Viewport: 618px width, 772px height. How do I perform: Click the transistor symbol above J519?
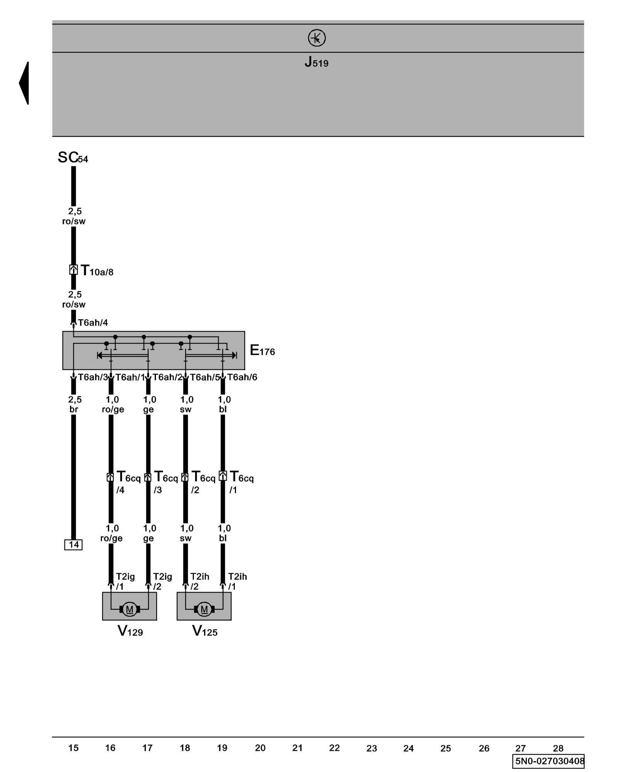pyautogui.click(x=316, y=38)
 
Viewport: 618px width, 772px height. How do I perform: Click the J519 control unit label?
pyautogui.click(x=316, y=62)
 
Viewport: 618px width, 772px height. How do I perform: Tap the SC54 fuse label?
pyautogui.click(x=73, y=157)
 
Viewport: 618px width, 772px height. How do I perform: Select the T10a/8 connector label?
pyautogui.click(x=97, y=271)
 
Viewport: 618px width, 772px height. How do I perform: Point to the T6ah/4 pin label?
pyautogui.click(x=93, y=323)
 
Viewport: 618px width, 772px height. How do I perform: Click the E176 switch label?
pyautogui.click(x=262, y=350)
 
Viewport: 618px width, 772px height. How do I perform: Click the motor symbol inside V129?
pyautogui.click(x=129, y=609)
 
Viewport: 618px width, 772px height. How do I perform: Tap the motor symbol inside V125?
pyautogui.click(x=204, y=609)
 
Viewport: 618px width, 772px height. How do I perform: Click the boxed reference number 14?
pyautogui.click(x=73, y=545)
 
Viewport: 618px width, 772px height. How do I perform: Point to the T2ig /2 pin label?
pyautogui.click(x=162, y=581)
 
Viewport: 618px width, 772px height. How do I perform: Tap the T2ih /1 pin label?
pyautogui.click(x=237, y=581)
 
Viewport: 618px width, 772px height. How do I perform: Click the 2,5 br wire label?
pyautogui.click(x=74, y=404)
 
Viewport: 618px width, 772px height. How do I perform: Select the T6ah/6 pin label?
pyautogui.click(x=242, y=377)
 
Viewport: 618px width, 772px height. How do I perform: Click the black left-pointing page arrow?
pyautogui.click(x=24, y=83)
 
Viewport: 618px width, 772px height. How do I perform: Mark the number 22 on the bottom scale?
pyautogui.click(x=334, y=748)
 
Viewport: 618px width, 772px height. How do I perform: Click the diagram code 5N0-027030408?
pyautogui.click(x=548, y=761)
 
